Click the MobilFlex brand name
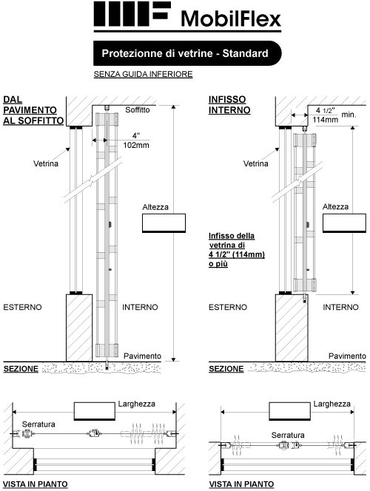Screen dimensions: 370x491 [x=231, y=18]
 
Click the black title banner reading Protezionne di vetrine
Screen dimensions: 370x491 [x=187, y=53]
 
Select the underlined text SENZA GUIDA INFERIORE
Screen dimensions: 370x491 [x=143, y=74]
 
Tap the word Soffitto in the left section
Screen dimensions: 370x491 [x=138, y=110]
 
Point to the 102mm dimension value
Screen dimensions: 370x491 [x=136, y=145]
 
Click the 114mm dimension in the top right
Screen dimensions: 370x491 [x=325, y=120]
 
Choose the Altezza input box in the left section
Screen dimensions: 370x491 [x=164, y=223]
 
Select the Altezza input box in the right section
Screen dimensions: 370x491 [x=344, y=223]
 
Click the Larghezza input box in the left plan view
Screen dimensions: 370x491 [x=95, y=411]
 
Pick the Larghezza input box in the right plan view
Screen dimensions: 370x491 [x=290, y=411]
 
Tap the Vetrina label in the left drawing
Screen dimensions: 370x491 [x=46, y=163]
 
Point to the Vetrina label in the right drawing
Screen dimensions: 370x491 [x=255, y=163]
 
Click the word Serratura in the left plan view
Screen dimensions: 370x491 [x=38, y=424]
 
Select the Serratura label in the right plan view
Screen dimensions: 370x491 [x=288, y=435]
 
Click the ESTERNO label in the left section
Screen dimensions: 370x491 [x=22, y=307]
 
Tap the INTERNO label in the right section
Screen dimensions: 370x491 [x=340, y=307]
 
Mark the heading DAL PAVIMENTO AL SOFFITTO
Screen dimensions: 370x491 [x=33, y=110]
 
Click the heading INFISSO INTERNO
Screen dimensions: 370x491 [x=229, y=105]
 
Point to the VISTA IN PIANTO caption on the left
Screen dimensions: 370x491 [x=36, y=484]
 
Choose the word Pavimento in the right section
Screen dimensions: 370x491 [x=347, y=356]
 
